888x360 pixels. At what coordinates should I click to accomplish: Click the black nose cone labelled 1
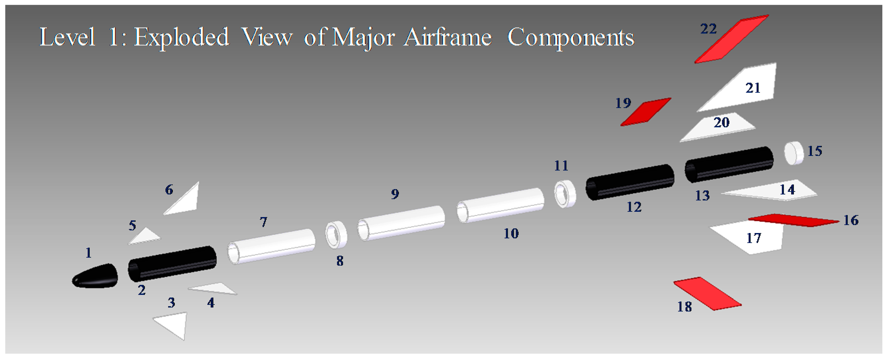coord(95,276)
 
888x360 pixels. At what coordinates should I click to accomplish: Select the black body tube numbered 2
coord(172,264)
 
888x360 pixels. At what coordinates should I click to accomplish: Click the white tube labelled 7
coord(271,246)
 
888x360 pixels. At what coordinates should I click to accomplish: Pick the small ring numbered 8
coord(336,234)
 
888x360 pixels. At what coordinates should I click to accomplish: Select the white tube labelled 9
coord(401,223)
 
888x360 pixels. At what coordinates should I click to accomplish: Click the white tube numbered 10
coord(500,205)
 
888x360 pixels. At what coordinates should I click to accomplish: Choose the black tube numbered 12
coord(630,182)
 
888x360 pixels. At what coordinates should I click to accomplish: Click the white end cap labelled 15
coord(794,153)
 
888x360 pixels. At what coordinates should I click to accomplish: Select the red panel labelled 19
coord(646,112)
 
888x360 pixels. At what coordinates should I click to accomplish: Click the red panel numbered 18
coord(707,294)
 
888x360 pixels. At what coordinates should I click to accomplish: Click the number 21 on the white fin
coord(753,88)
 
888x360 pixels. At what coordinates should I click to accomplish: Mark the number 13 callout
coord(702,196)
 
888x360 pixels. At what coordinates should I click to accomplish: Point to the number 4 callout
coord(211,303)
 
